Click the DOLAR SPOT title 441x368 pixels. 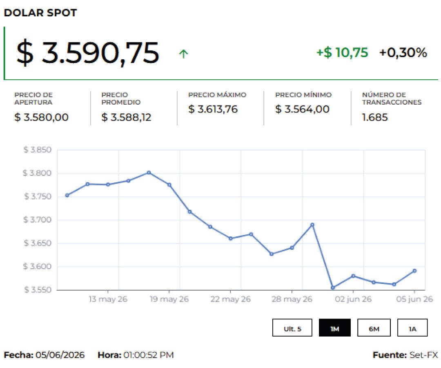pos(40,13)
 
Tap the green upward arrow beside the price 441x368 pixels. pos(183,54)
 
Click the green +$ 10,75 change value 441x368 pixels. pos(342,53)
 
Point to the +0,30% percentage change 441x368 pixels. pos(403,53)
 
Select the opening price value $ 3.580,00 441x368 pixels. pos(41,117)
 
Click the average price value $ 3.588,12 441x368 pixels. pos(126,117)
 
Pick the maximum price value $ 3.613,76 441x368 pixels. pos(213,109)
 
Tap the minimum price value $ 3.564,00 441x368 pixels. pos(302,109)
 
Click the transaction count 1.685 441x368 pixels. pos(375,117)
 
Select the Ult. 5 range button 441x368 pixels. pos(292,328)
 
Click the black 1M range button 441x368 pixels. pos(335,328)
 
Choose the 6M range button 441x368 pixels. pos(374,328)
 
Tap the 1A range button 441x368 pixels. pos(412,328)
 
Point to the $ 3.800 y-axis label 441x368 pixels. pos(38,173)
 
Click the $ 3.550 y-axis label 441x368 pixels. pos(38,289)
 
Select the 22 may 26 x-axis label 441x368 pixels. pos(230,299)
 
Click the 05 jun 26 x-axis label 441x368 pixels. pos(414,299)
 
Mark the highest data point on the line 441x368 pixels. pos(149,173)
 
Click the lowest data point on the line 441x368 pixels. pos(333,288)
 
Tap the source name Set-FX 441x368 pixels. pos(423,355)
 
